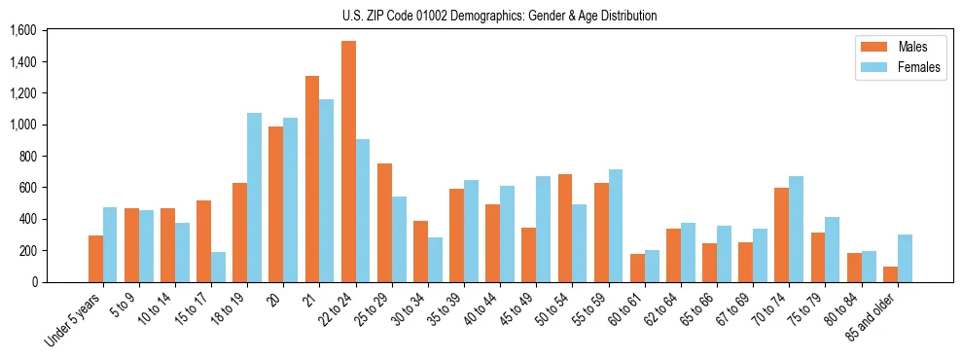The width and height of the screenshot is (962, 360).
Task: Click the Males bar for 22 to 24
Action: (348, 162)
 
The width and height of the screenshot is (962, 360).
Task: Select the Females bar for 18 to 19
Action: (254, 198)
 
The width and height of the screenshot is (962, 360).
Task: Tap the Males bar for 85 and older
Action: (890, 274)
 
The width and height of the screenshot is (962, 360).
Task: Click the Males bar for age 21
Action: (312, 179)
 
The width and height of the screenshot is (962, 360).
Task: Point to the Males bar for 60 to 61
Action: (637, 268)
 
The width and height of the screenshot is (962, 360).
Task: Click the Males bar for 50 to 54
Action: (565, 228)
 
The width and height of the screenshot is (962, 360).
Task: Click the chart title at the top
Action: (500, 16)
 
